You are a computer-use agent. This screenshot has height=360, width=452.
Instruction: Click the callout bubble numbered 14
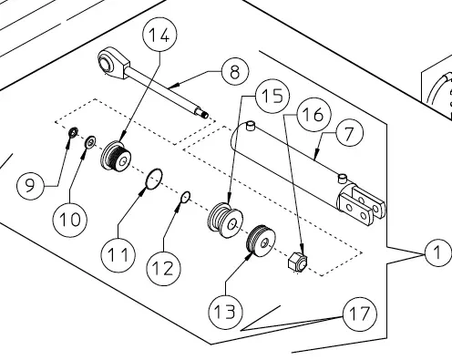(159, 35)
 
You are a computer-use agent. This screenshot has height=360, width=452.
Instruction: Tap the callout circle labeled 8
(235, 72)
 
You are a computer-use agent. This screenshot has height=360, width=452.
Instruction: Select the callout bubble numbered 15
(272, 96)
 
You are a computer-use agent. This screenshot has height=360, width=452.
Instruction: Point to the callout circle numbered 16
(313, 115)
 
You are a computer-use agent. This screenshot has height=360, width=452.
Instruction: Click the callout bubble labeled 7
(349, 133)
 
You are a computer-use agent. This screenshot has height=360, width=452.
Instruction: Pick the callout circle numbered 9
(30, 186)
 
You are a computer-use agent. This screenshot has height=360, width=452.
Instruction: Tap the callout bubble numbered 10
(70, 220)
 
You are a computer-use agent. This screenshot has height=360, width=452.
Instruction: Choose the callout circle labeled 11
(118, 254)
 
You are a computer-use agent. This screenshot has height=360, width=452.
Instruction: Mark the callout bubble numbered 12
(164, 268)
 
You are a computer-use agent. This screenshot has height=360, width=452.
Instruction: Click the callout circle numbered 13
(226, 312)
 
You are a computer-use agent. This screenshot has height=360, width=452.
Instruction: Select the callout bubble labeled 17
(360, 314)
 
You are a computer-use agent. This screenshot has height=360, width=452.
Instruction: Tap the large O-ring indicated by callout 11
(154, 179)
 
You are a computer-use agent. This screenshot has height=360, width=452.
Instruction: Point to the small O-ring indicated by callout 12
(185, 198)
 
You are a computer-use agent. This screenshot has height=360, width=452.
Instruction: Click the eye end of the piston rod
(113, 63)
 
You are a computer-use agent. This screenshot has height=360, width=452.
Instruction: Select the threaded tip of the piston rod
(202, 114)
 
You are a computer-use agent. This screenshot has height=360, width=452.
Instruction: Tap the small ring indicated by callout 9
(73, 132)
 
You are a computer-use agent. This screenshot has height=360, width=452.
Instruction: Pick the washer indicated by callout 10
(90, 142)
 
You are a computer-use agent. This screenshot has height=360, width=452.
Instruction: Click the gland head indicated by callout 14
(116, 157)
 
